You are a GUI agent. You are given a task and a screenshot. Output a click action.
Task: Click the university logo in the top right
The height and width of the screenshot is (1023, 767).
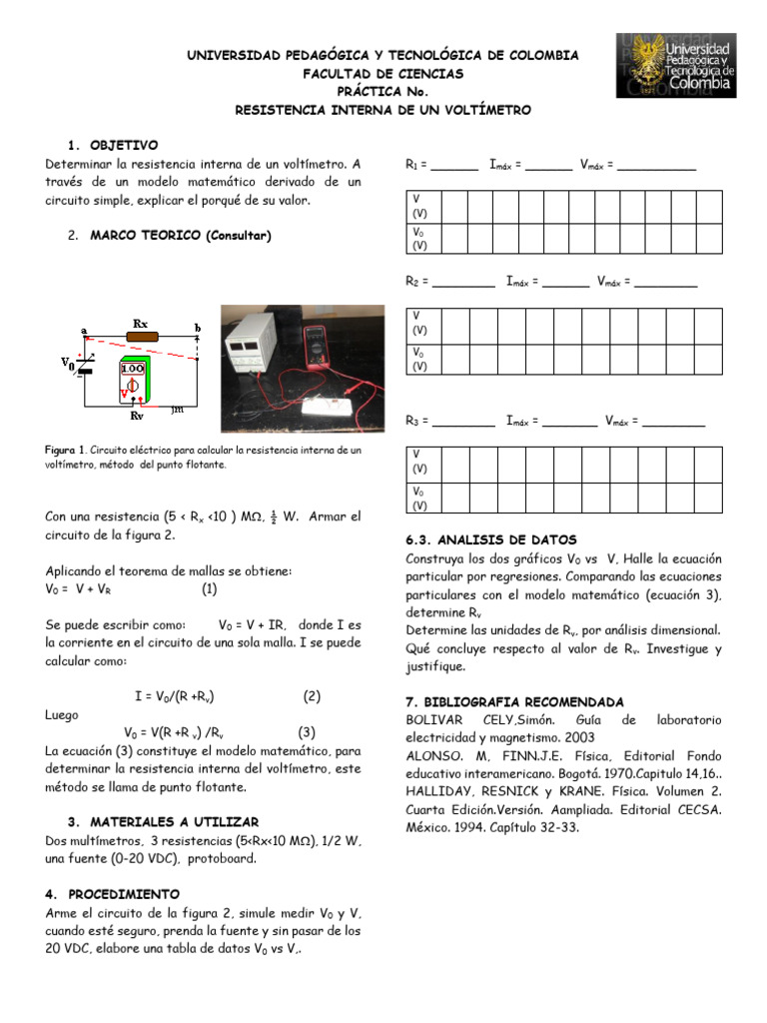point(676,65)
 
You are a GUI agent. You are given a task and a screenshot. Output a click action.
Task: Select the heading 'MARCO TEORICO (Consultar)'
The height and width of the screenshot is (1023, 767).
point(180,236)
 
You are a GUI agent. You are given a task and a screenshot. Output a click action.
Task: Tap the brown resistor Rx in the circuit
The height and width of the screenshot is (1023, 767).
point(140,339)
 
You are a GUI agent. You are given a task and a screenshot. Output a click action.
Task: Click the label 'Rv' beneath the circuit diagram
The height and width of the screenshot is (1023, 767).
point(137,414)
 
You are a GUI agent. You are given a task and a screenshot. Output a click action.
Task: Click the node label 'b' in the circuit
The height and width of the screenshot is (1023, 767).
point(197,328)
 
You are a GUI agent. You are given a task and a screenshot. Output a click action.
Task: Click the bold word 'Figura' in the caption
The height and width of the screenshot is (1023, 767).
point(62,451)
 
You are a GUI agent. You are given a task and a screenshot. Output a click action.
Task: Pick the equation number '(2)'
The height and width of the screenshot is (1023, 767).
point(312,694)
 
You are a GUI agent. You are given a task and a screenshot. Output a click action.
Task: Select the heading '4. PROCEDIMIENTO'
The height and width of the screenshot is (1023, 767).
point(112,893)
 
